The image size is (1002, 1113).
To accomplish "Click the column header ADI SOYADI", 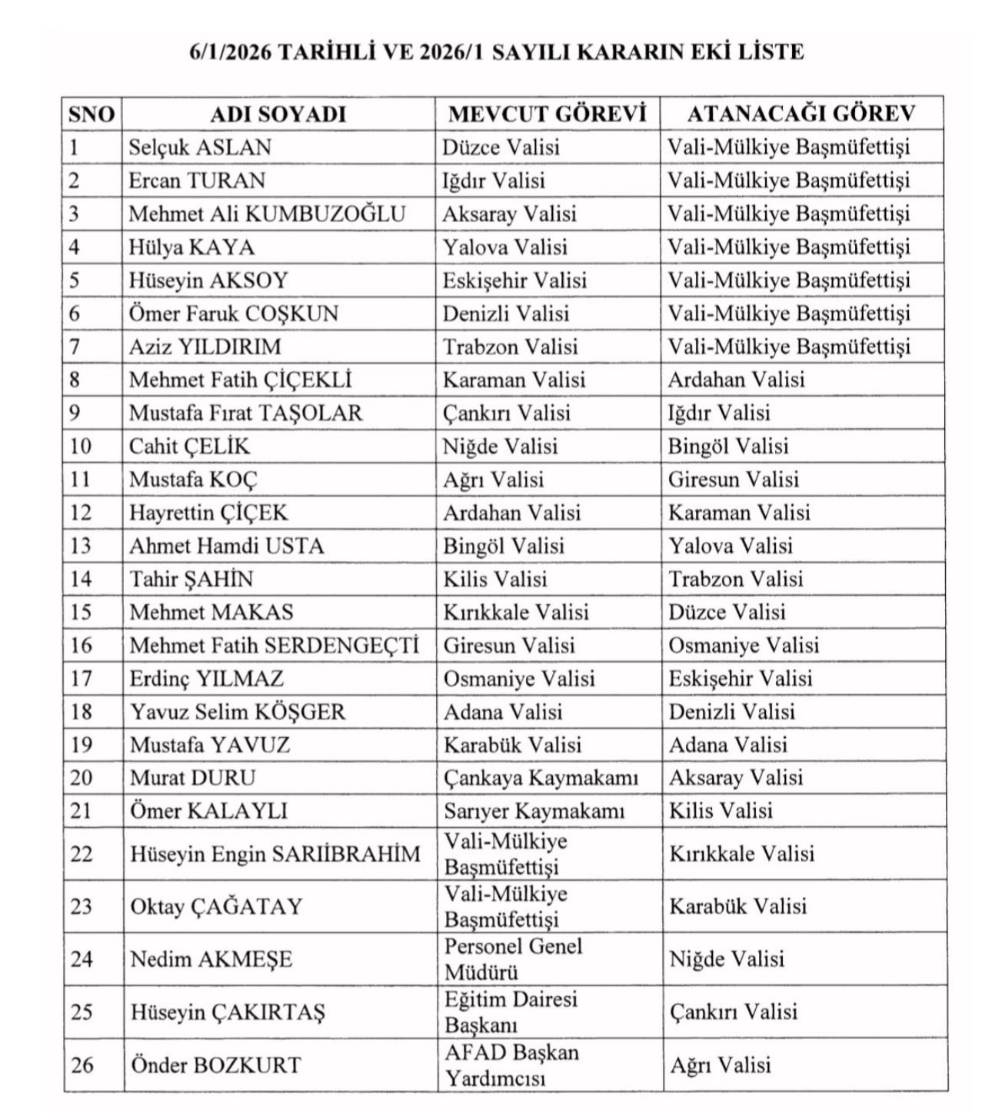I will tap(278, 114).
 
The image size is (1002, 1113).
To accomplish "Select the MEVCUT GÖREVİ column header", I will tap(547, 114).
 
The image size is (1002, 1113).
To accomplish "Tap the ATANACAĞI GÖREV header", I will tap(801, 114).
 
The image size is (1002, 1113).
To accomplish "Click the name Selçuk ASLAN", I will tap(200, 147).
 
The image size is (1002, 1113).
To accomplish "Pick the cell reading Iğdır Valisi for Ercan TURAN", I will tap(493, 181).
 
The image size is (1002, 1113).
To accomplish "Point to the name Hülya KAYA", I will tap(191, 247).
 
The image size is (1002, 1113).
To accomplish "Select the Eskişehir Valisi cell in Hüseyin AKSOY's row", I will tap(514, 280).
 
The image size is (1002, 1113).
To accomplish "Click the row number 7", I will tap(75, 347).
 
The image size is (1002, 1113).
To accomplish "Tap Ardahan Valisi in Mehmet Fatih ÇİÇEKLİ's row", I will tap(736, 380).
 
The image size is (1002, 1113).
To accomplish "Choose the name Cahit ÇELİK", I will tap(189, 446).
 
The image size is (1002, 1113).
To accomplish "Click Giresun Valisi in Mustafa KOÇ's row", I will tap(733, 479).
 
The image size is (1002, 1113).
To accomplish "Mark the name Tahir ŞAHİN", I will tap(191, 579).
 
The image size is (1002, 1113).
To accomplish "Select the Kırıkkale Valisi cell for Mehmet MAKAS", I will tap(515, 612).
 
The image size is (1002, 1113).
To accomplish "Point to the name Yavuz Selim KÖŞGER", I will tap(238, 712).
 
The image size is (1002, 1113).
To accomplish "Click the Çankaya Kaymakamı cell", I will tap(541, 778).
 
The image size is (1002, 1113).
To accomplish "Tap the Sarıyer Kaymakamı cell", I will tap(534, 811).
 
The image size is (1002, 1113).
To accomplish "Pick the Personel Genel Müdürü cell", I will tap(513, 959).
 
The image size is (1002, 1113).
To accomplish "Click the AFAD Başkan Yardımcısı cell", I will tap(511, 1065).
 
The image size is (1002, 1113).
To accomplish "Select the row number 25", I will tap(82, 1012).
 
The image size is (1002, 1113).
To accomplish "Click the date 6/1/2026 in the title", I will tap(230, 51).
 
